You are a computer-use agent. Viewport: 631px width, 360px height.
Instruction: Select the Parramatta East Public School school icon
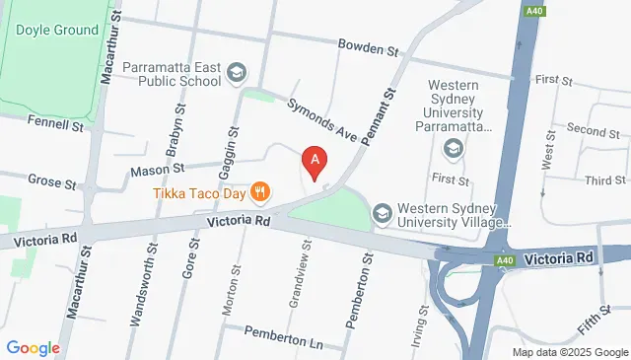pos(236,71)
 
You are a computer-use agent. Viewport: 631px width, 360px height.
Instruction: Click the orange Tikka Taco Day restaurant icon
pos(260,191)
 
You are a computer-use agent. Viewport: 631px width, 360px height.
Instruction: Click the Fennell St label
pos(58,125)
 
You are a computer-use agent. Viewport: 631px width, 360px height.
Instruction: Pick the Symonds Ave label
pos(319,119)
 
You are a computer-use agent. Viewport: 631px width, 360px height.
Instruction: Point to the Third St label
pos(604,180)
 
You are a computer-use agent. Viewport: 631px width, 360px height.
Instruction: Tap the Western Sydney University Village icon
pos(382,213)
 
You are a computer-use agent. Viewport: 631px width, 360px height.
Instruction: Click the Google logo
pos(33,347)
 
